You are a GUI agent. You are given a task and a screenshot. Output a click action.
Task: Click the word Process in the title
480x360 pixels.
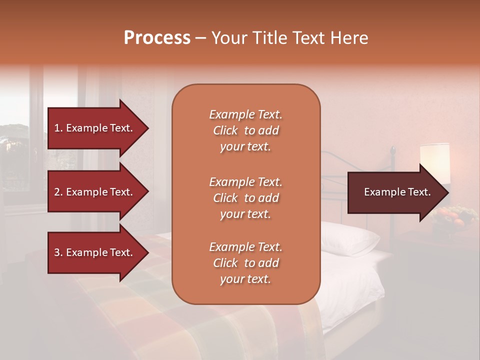(157, 38)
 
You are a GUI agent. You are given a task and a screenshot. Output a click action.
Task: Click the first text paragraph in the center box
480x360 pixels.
(245, 130)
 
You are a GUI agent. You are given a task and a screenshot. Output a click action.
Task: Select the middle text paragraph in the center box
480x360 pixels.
(245, 197)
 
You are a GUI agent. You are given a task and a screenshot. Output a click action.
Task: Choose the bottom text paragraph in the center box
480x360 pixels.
(245, 263)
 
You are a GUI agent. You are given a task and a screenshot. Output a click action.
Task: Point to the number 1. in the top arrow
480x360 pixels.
(58, 128)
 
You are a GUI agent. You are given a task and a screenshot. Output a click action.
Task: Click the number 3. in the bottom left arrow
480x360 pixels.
(58, 253)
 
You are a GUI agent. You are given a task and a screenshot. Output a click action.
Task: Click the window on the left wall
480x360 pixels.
(15, 150)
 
